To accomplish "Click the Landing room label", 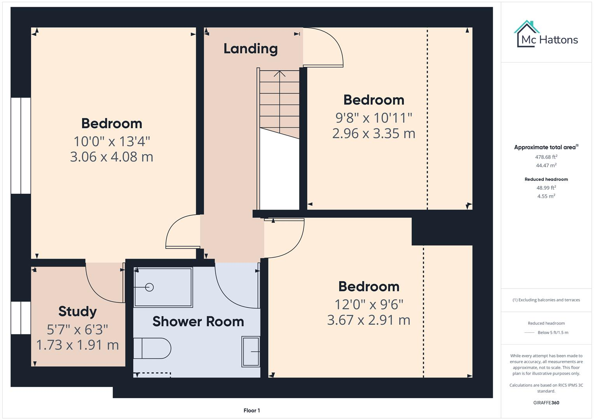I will pyautogui.click(x=251, y=49).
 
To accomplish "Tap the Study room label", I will pyautogui.click(x=77, y=311).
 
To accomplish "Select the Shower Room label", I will pyautogui.click(x=198, y=322).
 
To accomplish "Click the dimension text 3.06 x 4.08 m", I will pyautogui.click(x=112, y=157).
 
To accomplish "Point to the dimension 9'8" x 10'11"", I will pyautogui.click(x=374, y=117).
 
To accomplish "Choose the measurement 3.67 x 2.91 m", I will pyautogui.click(x=369, y=320).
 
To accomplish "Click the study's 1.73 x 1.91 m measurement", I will pyautogui.click(x=77, y=345).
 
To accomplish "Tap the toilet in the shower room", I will pyautogui.click(x=152, y=348).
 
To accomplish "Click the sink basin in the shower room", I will pyautogui.click(x=251, y=352).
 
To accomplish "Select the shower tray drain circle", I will pyautogui.click(x=149, y=287).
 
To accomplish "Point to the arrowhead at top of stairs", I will pyautogui.click(x=279, y=73).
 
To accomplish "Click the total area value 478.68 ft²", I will pyautogui.click(x=546, y=157).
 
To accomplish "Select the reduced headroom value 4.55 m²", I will pyautogui.click(x=546, y=196).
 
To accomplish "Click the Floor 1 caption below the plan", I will pyautogui.click(x=252, y=410).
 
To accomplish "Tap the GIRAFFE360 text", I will pyautogui.click(x=546, y=403).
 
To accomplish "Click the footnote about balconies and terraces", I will pyautogui.click(x=546, y=300).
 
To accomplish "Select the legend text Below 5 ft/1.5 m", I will pyautogui.click(x=553, y=332).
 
